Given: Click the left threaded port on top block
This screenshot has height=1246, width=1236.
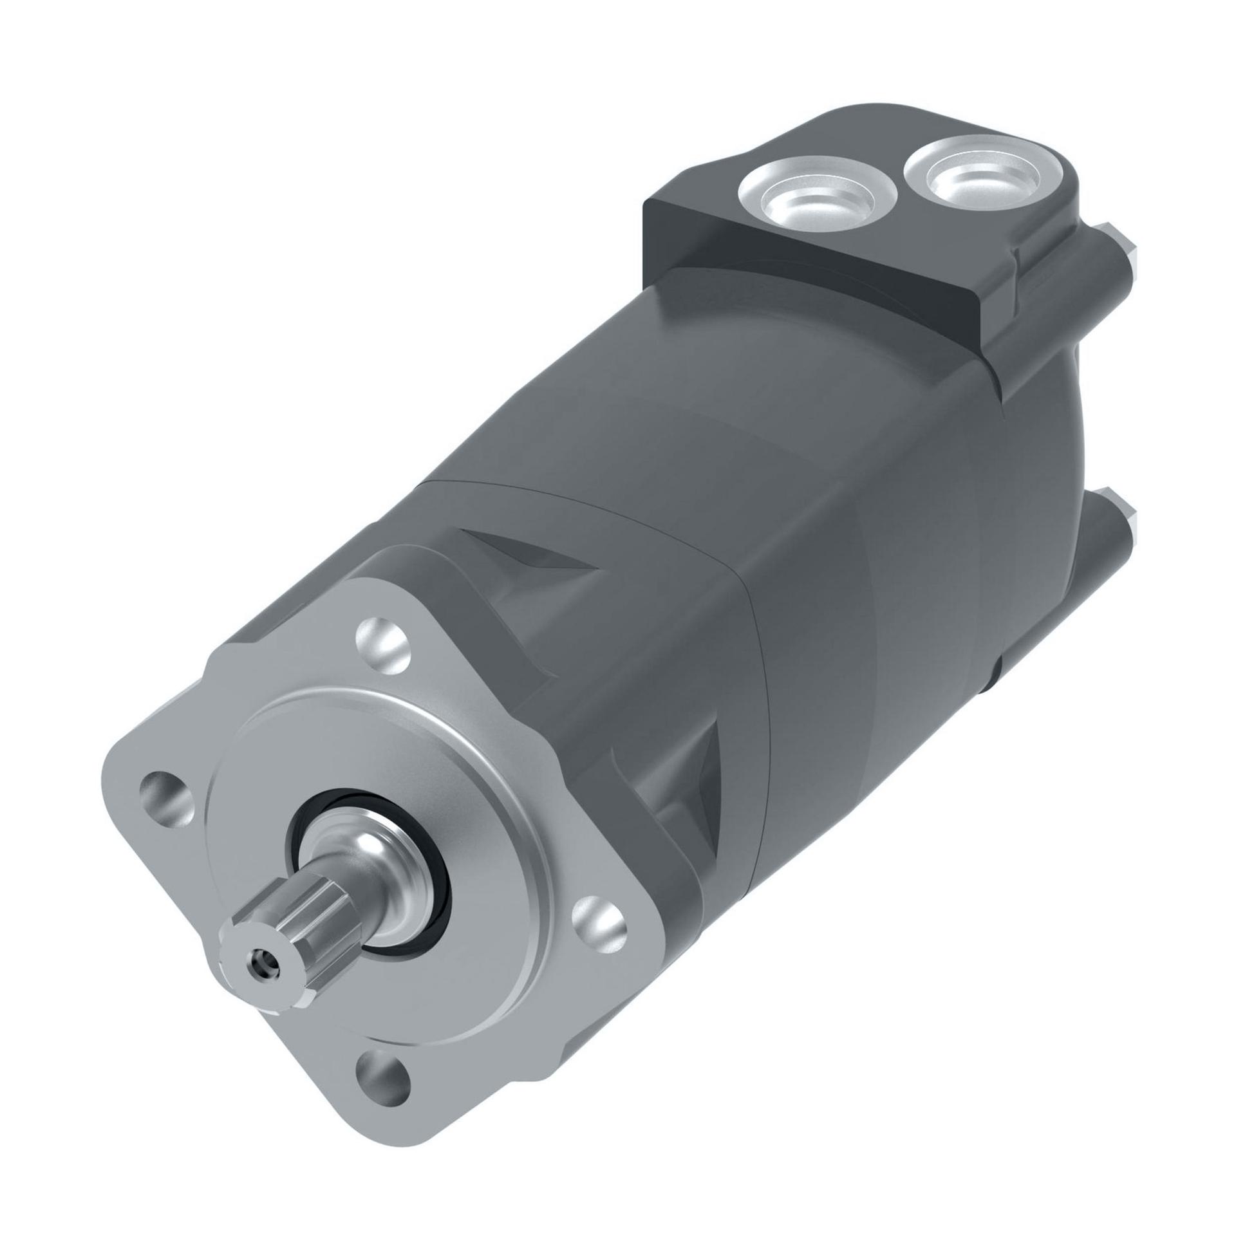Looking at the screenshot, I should pos(818,194).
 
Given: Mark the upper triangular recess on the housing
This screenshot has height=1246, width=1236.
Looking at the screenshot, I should pos(523,561).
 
